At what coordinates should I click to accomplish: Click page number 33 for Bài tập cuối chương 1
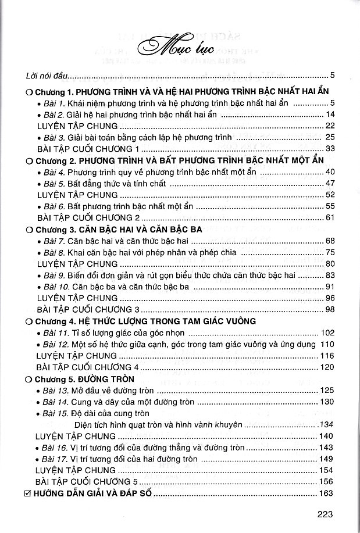[x=331, y=149]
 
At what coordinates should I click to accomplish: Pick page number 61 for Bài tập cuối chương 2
[x=331, y=217]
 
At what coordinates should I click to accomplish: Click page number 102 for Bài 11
[x=329, y=332]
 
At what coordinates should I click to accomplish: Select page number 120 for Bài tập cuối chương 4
[x=329, y=367]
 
